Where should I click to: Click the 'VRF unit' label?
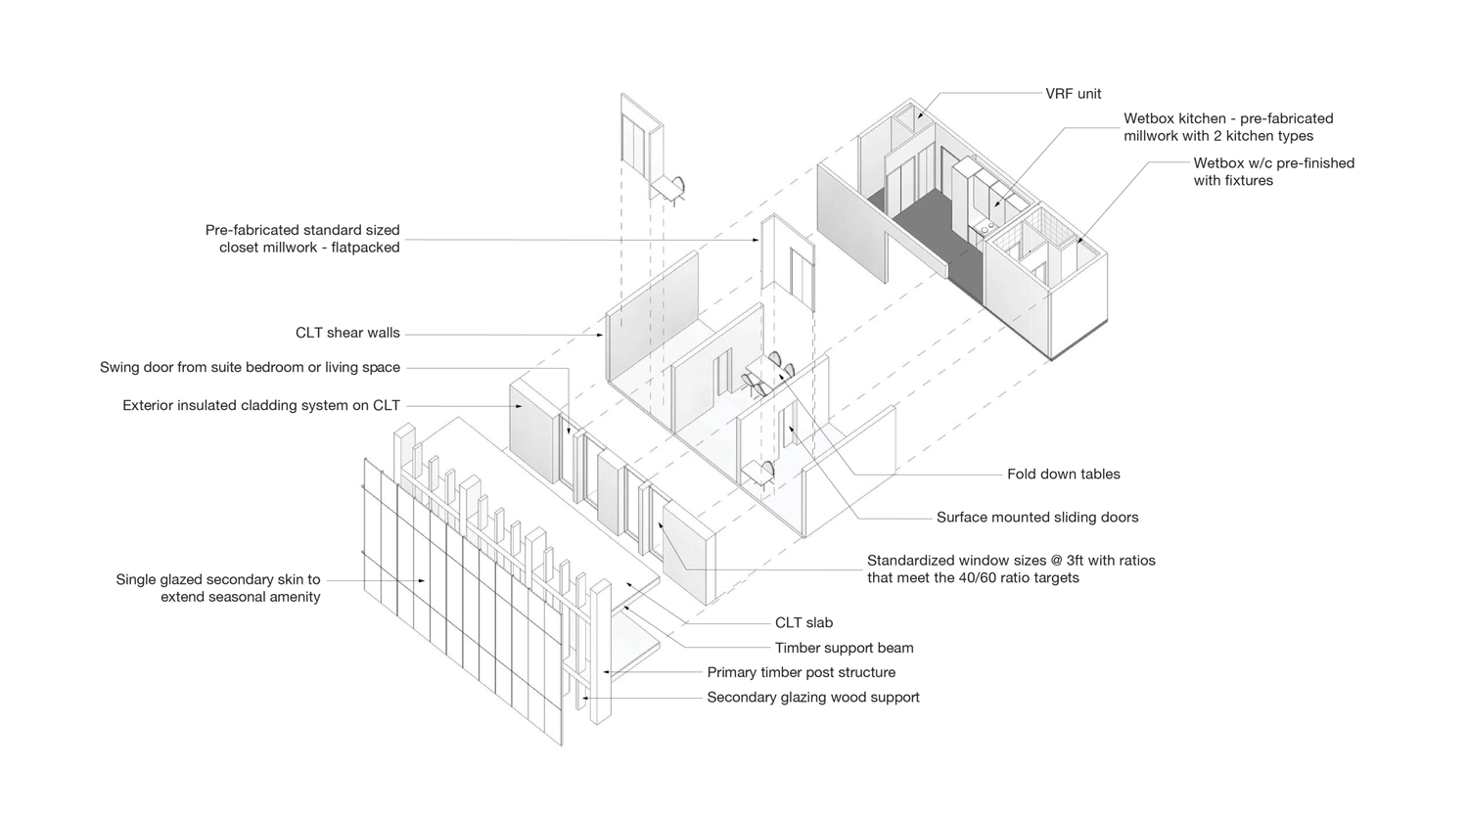(x=1074, y=94)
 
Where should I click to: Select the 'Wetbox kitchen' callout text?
(x=1228, y=127)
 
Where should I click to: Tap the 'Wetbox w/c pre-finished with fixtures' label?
(x=1273, y=172)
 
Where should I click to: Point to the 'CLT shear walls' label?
(x=347, y=333)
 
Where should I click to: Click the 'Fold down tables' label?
(x=1063, y=474)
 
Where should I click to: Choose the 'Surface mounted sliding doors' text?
(x=1037, y=518)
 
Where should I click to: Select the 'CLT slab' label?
(x=803, y=622)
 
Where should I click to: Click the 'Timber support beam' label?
(x=844, y=648)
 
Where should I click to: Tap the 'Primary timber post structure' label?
(x=801, y=672)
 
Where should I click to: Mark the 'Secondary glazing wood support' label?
(x=812, y=698)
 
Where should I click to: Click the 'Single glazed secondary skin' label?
(x=218, y=588)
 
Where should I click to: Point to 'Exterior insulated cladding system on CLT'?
(x=261, y=405)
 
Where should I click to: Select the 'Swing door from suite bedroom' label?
(x=250, y=368)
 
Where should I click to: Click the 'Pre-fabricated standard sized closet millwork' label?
(x=302, y=239)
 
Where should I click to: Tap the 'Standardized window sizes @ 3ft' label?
(x=1011, y=569)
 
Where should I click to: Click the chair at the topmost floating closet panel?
(x=677, y=186)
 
